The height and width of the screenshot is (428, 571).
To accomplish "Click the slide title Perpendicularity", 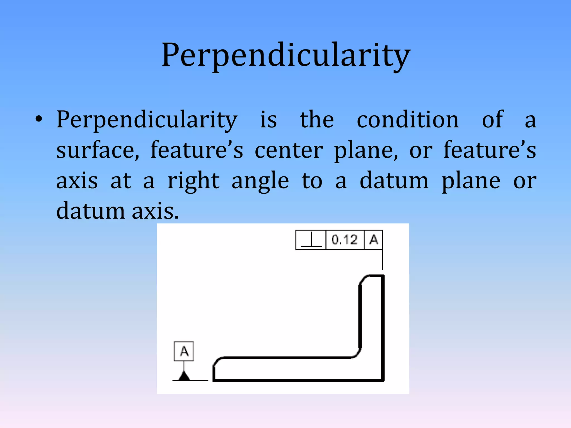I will (x=286, y=55).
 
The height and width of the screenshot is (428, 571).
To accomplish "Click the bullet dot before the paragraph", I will (x=39, y=119).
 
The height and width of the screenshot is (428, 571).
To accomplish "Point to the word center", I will (x=289, y=150).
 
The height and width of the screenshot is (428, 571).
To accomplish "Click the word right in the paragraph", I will (x=193, y=181).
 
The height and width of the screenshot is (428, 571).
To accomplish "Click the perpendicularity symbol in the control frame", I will (x=311, y=240).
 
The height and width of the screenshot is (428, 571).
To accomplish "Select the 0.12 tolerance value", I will (x=345, y=240).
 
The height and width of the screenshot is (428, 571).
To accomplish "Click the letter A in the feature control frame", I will (x=374, y=240).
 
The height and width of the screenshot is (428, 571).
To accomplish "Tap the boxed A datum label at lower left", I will (x=184, y=351).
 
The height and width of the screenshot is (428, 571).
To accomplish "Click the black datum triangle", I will (x=184, y=376).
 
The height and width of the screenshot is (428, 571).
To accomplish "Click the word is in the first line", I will (x=268, y=120).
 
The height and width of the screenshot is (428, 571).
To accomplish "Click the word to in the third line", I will (x=312, y=181).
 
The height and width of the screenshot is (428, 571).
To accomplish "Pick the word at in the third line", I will (x=121, y=181).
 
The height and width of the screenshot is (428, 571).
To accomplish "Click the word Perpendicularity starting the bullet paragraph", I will (x=147, y=120).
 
